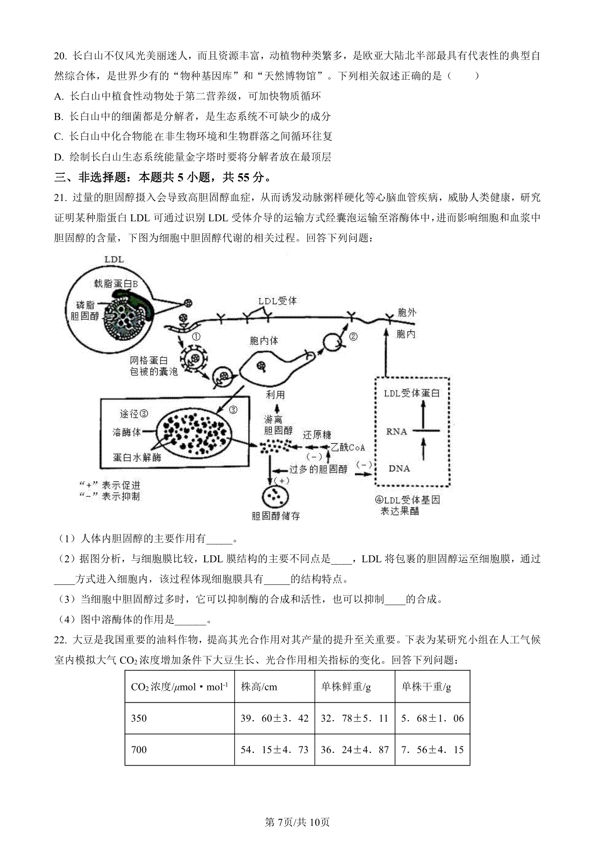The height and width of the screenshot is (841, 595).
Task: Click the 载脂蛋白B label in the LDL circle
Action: (x=116, y=283)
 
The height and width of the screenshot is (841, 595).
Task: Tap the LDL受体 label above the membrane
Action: (x=278, y=301)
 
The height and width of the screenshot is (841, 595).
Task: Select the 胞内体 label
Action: (x=264, y=341)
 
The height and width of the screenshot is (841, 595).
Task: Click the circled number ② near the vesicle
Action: (x=353, y=337)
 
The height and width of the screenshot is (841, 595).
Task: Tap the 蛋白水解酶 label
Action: (x=137, y=458)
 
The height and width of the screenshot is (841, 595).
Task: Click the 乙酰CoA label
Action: (x=348, y=447)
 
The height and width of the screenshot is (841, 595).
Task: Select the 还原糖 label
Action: (x=317, y=435)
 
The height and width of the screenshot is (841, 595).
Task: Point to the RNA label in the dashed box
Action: (x=396, y=431)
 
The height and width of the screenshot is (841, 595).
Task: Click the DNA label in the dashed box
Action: (x=399, y=468)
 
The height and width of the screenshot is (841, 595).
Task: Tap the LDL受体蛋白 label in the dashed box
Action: (x=412, y=393)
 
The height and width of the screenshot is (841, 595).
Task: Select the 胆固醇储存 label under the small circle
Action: (x=276, y=516)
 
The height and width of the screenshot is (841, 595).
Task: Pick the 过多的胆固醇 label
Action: (x=318, y=469)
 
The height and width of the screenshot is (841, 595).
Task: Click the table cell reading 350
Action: (x=139, y=718)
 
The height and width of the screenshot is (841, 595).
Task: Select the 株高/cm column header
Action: (x=259, y=687)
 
